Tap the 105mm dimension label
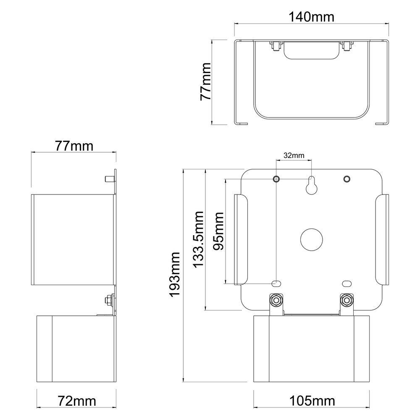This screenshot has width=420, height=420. coord(312,401)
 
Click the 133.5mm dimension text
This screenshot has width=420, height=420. coord(197,239)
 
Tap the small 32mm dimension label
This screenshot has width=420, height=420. coord(294,155)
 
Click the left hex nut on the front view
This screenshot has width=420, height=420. coord(276,300)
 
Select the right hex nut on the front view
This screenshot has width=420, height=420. coord(346,300)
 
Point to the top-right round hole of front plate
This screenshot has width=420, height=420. coord(346,179)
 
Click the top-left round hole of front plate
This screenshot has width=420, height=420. coord(276,179)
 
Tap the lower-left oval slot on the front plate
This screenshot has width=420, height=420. coord(276,283)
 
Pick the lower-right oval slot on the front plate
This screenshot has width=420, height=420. coord(346,283)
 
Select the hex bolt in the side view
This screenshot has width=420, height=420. coord(108,300)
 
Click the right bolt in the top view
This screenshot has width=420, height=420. coord(346,46)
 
